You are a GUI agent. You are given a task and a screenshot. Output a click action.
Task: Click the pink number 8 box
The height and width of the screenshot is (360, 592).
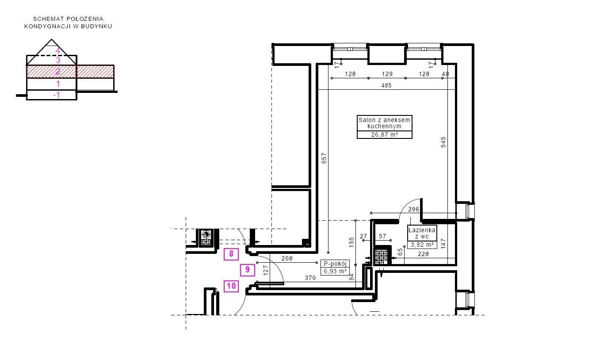point(231,254)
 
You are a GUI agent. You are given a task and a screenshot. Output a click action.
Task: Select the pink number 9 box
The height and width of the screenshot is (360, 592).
point(248,270)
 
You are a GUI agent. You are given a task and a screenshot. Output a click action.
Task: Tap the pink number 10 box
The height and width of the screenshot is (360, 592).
point(231,286)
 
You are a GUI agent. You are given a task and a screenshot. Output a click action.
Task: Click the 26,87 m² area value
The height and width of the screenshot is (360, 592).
point(385,134)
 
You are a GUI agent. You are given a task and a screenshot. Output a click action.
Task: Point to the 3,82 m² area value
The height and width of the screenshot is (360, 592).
point(422,245)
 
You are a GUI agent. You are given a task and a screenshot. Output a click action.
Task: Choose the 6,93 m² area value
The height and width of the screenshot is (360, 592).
point(335,271)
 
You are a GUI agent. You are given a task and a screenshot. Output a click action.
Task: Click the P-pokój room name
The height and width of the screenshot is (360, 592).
point(335,264)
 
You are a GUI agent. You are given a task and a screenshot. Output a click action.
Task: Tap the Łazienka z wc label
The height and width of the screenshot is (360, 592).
point(422,233)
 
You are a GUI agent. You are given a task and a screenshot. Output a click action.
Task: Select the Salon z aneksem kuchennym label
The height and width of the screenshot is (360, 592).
point(384,123)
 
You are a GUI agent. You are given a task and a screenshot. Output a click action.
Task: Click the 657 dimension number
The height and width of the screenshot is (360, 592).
point(324,158)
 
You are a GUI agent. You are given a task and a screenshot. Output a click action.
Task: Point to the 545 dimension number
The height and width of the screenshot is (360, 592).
point(443,142)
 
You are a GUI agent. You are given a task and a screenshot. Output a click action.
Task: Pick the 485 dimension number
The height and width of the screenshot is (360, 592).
point(386,85)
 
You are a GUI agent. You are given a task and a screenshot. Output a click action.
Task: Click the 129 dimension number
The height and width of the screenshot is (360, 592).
point(387,74)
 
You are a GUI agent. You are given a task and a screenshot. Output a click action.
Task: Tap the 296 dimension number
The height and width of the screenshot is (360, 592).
point(414,209)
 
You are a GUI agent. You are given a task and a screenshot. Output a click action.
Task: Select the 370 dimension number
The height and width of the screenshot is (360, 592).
point(310,278)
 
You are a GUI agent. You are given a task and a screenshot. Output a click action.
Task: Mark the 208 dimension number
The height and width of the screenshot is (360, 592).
point(287,258)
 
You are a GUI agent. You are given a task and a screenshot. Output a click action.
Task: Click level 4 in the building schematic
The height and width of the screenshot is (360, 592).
point(58,50)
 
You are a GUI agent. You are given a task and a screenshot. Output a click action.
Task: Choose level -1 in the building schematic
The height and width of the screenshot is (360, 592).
point(57,95)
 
